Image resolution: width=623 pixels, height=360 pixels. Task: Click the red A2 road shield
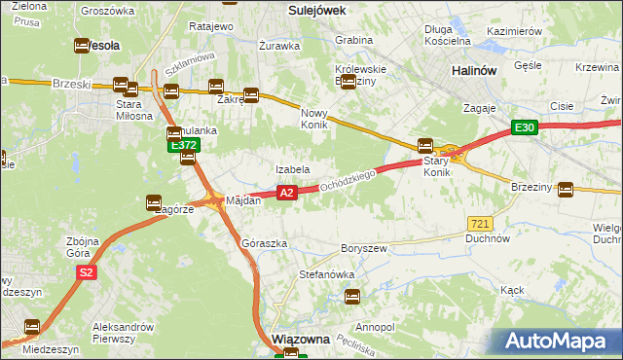pyautogui.click(x=285, y=194)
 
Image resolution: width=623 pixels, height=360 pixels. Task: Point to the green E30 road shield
pyautogui.click(x=526, y=127)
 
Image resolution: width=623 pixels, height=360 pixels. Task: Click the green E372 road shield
pyautogui.click(x=184, y=145)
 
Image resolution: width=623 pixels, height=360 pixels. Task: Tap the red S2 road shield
pyautogui.click(x=87, y=273)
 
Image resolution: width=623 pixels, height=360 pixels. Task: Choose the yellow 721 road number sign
pyautogui.click(x=478, y=223)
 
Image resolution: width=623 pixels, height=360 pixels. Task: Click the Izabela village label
pyautogui.click(x=292, y=169)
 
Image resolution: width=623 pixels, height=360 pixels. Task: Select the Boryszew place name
pyautogui.click(x=364, y=248)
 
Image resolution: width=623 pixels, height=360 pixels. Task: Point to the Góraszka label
pyautogui.click(x=264, y=243)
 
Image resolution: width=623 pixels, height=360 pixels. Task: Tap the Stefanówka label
pyautogui.click(x=326, y=275)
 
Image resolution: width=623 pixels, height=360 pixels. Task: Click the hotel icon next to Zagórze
pyautogui.click(x=154, y=202)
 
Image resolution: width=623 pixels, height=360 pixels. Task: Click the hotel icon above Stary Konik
pyautogui.click(x=425, y=146)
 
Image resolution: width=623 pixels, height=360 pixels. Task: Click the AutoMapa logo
pyautogui.click(x=559, y=341)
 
